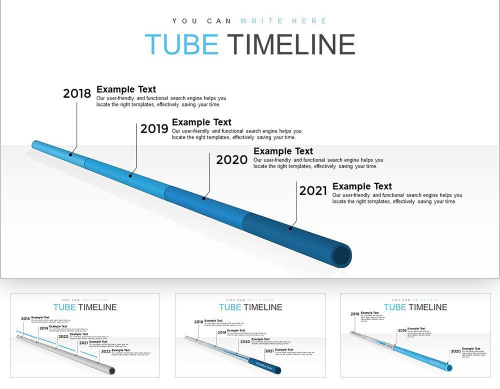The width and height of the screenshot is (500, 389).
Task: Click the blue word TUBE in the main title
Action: [x=181, y=44]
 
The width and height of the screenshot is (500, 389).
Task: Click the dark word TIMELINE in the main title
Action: [x=291, y=44]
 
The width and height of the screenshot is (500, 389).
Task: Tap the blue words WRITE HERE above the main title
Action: [x=283, y=21]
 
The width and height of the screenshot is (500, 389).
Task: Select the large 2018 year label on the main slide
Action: [x=77, y=93]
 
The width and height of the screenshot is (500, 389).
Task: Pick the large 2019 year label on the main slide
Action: [x=154, y=129]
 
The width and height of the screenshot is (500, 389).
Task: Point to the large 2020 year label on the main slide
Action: [x=231, y=160]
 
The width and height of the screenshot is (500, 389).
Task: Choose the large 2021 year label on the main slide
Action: [x=313, y=190]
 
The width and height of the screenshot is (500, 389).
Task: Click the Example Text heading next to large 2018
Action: [x=126, y=89]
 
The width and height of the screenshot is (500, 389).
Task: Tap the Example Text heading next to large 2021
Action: [x=362, y=186]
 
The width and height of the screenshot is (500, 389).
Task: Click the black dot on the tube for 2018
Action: [x=70, y=154]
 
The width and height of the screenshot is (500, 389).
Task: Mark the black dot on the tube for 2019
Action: [x=130, y=175]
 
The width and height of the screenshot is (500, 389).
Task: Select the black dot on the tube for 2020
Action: [x=203, y=198]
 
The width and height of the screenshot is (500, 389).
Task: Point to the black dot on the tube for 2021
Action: [x=290, y=228]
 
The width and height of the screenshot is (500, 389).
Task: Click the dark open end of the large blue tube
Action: [x=342, y=255]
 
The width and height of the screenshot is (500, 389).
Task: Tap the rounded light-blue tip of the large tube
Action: [x=35, y=144]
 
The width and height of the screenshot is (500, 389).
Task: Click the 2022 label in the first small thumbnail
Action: [x=105, y=351]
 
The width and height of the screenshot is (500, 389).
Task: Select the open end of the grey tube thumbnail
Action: [x=112, y=370]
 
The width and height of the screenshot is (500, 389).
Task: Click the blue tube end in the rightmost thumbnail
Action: [x=448, y=367]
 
